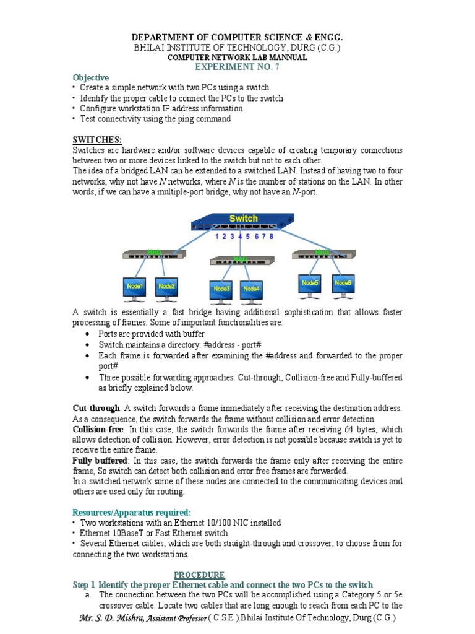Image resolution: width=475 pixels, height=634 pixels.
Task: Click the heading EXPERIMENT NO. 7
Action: [x=237, y=67]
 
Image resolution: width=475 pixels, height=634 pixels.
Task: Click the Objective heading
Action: [x=91, y=77]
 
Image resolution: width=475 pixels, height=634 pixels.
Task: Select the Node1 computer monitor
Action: [x=135, y=287]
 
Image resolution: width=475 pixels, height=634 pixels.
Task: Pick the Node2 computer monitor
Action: [x=166, y=287]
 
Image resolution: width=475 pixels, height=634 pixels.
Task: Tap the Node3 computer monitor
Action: [x=221, y=290]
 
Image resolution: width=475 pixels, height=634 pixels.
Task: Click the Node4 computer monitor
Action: [x=252, y=290]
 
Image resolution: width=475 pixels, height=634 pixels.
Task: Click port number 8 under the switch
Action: [x=271, y=236]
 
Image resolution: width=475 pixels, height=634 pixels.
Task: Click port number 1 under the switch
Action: [x=216, y=236]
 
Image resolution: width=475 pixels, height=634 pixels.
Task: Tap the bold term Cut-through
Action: [x=96, y=409]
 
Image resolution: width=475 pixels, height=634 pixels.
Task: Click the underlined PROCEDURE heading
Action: [x=199, y=575]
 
